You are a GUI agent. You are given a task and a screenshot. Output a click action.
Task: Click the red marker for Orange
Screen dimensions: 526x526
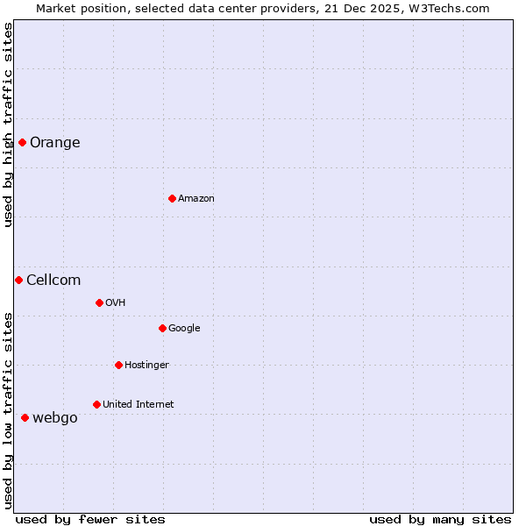[22, 142]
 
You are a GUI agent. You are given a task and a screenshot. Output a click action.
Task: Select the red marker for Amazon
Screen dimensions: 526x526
[172, 198]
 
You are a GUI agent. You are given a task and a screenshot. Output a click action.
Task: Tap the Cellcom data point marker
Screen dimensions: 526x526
[18, 280]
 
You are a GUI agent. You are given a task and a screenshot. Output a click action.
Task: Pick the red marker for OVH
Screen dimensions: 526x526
[99, 302]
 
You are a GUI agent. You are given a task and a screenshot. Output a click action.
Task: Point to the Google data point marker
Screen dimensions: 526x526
[162, 328]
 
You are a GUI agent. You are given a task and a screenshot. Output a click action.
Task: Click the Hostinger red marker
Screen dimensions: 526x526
[118, 365]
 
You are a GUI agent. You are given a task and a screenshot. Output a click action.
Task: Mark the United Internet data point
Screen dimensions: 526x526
[96, 404]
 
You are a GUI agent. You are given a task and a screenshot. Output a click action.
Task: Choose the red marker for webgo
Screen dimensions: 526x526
[25, 417]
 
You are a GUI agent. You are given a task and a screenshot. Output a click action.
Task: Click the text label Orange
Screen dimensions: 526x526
[54, 143]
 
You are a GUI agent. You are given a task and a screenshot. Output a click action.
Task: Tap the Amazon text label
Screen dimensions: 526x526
[195, 199]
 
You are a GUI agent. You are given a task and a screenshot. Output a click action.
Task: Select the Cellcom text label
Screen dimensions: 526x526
[53, 281]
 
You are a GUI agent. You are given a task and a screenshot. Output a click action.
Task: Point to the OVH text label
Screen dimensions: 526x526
[115, 303]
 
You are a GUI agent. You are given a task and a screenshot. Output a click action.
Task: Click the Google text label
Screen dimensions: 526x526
[184, 329]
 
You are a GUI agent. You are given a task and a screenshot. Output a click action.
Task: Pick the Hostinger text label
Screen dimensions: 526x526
[146, 366]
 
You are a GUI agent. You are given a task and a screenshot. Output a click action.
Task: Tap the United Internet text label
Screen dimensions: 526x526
[138, 405]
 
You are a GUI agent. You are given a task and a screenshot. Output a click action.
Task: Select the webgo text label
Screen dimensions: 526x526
[54, 418]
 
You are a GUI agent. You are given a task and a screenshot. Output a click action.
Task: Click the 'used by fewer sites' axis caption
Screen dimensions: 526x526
[90, 519]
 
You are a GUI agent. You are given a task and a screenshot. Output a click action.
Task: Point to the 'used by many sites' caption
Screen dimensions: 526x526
[440, 519]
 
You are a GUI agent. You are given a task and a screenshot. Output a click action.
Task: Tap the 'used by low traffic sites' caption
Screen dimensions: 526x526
[9, 410]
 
